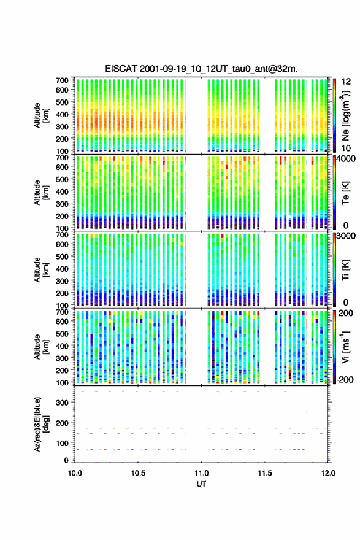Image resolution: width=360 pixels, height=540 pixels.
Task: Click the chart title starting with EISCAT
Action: [201, 69]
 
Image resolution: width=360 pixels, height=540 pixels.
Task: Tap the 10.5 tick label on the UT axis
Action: [138, 473]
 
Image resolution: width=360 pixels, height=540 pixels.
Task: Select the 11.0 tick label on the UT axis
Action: [201, 473]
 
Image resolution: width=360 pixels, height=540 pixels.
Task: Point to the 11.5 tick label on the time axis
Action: [265, 473]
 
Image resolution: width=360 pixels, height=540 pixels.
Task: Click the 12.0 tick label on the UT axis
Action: [328, 473]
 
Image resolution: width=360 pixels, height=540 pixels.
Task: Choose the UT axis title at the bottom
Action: [201, 484]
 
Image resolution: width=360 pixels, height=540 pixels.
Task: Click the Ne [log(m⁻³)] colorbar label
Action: [345, 116]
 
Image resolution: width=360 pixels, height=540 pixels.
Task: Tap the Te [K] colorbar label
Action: [345, 193]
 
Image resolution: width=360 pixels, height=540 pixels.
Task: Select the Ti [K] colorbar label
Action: [345, 270]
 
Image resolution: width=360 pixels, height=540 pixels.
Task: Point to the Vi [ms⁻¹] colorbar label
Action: [345, 347]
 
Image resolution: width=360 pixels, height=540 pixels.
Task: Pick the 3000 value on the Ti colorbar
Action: [345, 236]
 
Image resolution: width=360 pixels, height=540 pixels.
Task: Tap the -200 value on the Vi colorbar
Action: [344, 379]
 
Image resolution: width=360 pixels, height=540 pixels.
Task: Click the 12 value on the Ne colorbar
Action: [346, 82]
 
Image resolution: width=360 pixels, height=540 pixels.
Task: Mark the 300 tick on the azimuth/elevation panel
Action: [63, 403]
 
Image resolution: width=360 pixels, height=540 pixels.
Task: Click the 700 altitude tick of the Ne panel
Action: [63, 80]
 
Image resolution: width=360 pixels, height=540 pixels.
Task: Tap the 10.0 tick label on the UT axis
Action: [75, 473]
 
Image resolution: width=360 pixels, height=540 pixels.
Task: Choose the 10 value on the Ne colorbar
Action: [346, 148]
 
